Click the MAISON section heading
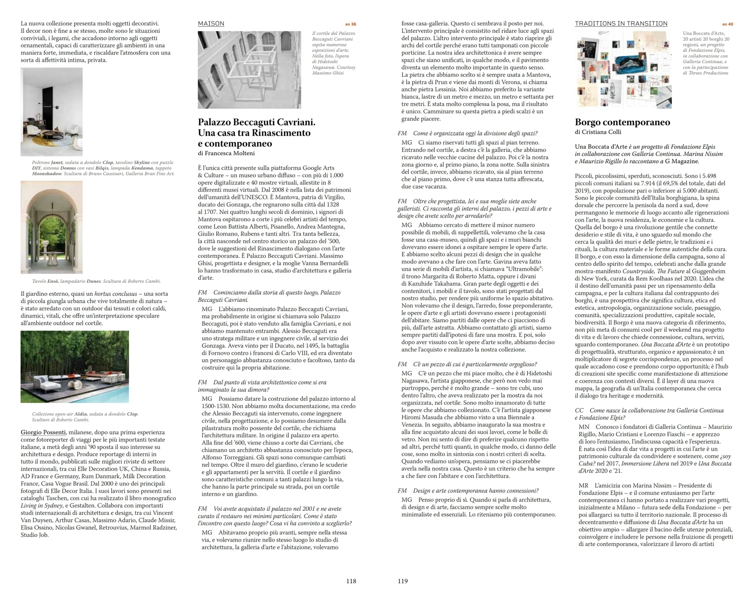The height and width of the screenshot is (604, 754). coord(211,24)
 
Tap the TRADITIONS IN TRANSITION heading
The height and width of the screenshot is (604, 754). coord(621,24)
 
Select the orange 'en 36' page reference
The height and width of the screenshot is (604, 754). coord(351,24)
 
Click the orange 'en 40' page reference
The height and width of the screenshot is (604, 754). coord(728,24)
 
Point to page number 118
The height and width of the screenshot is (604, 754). coord(351,581)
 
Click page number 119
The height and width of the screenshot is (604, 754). coord(403,581)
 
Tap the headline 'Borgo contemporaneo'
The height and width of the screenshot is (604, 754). coord(622,122)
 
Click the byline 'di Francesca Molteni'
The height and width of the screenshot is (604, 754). coord(226,153)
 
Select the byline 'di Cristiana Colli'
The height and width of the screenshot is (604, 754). coord(598,132)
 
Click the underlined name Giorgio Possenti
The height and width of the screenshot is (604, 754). coord(43,433)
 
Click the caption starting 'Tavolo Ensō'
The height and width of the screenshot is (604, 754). coord(96,281)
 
